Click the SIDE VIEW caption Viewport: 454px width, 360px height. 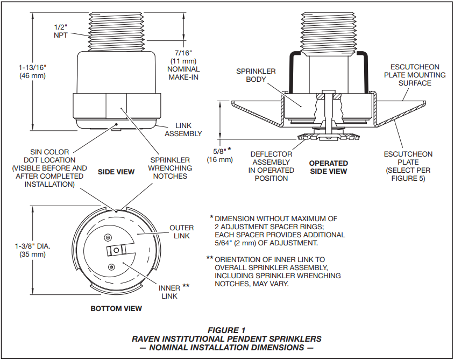point(116,171)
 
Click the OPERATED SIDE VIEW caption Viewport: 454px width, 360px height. point(328,167)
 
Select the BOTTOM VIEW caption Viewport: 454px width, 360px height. point(116,308)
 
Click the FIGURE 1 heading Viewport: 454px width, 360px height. point(226,329)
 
